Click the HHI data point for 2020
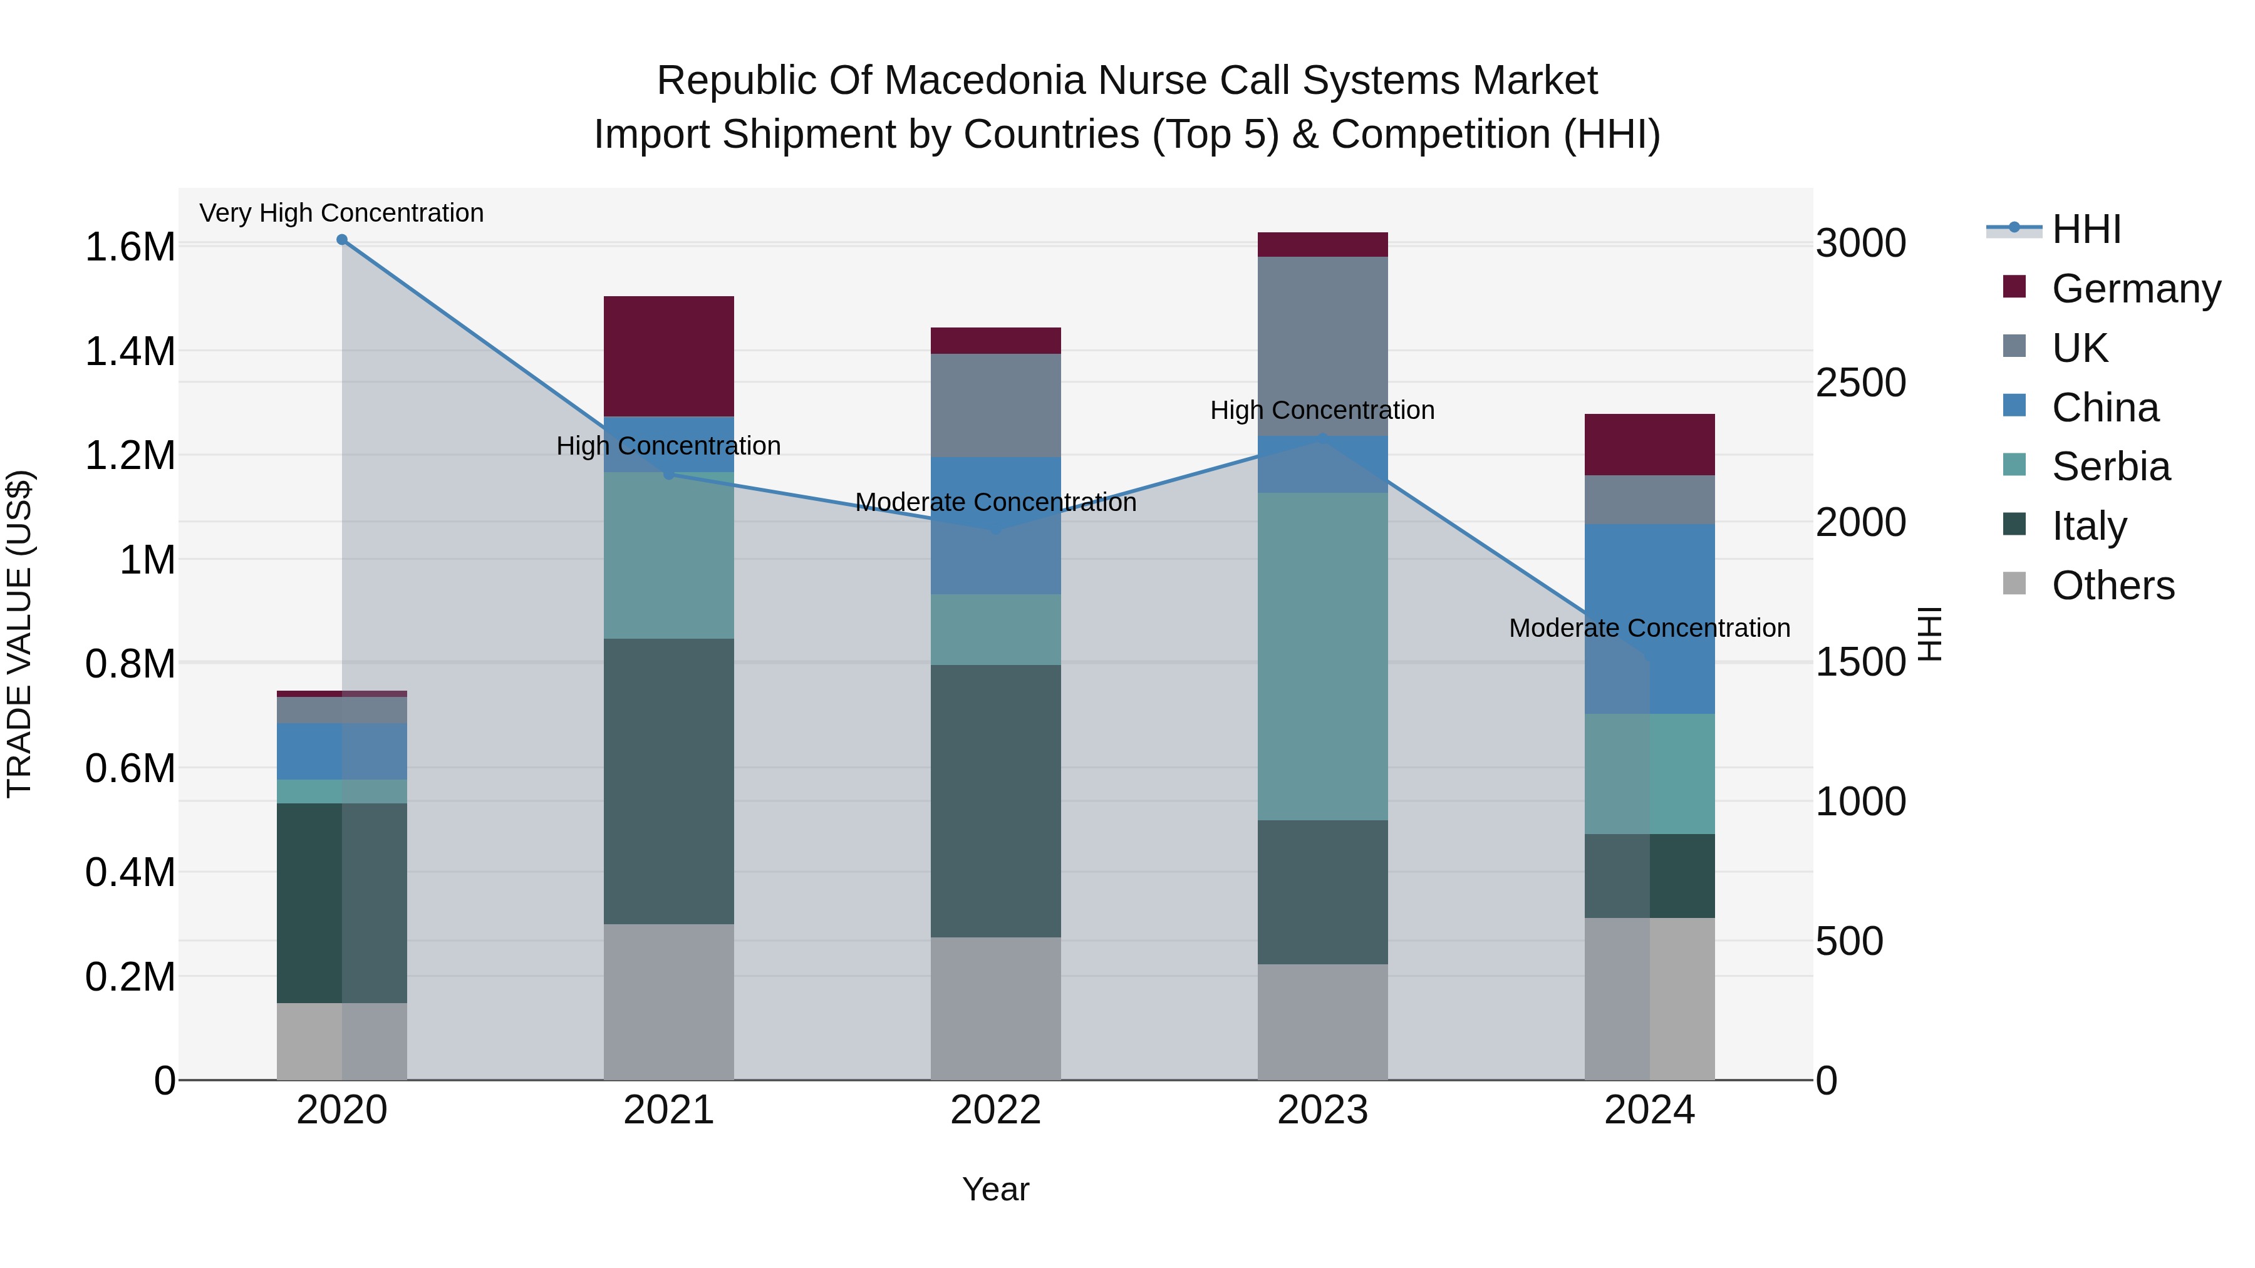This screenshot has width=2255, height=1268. pyautogui.click(x=342, y=240)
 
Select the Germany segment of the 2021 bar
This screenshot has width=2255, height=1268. pyautogui.click(x=669, y=356)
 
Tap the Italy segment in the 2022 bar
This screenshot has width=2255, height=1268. pyautogui.click(x=995, y=801)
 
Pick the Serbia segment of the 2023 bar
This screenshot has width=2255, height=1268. pyautogui.click(x=1323, y=656)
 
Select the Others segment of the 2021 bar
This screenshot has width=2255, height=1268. pyautogui.click(x=669, y=1001)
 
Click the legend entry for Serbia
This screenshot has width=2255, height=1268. pyautogui.click(x=2110, y=466)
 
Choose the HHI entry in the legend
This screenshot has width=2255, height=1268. pyautogui.click(x=2085, y=229)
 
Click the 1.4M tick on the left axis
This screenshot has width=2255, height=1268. pyautogui.click(x=130, y=352)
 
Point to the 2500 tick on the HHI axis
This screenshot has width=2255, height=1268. pyautogui.click(x=1860, y=383)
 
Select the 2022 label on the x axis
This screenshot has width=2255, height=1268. pyautogui.click(x=995, y=1110)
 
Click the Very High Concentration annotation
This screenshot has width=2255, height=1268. pyautogui.click(x=341, y=213)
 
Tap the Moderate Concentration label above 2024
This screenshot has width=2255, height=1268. pyautogui.click(x=1649, y=627)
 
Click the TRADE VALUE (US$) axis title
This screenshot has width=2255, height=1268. pyautogui.click(x=19, y=634)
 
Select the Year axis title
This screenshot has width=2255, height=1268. pyautogui.click(x=995, y=1189)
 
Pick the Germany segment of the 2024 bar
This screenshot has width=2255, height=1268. pyautogui.click(x=1649, y=445)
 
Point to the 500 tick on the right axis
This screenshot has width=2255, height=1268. pyautogui.click(x=1849, y=942)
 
